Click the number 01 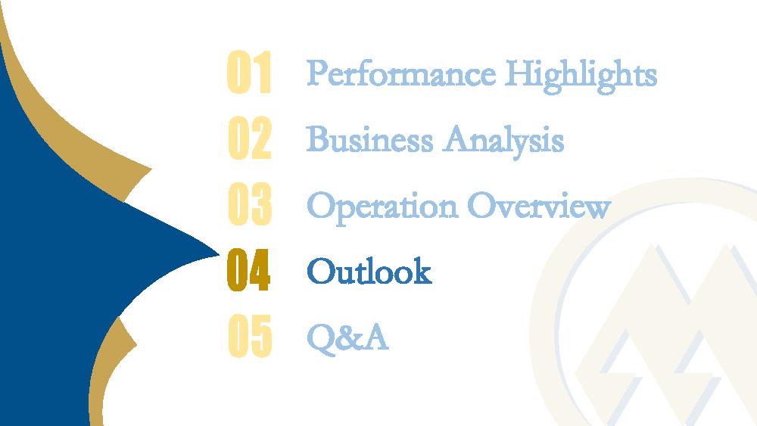[x=249, y=72]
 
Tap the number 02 [x=250, y=138]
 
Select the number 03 [x=250, y=204]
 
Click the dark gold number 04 [x=248, y=270]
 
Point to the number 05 [x=250, y=336]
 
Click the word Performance [x=401, y=74]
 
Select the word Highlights [x=581, y=76]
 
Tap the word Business [x=370, y=139]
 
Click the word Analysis [x=503, y=141]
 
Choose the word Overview [x=539, y=206]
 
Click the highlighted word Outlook [x=369, y=271]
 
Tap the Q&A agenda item [x=347, y=337]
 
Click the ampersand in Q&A [x=349, y=337]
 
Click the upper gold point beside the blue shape [x=151, y=169]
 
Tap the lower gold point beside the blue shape [x=136, y=344]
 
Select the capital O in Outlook [x=320, y=271]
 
